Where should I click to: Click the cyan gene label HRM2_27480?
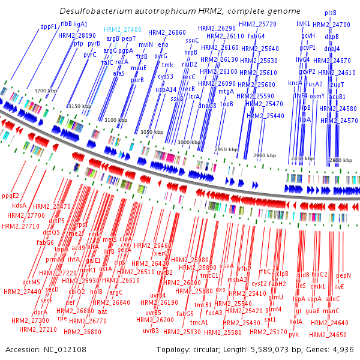click(x=122, y=29)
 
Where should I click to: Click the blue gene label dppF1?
click(x=49, y=26)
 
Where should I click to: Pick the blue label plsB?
click(x=331, y=13)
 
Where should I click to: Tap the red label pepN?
click(x=344, y=275)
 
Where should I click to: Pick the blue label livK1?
click(x=303, y=23)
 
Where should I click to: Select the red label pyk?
click(x=293, y=334)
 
